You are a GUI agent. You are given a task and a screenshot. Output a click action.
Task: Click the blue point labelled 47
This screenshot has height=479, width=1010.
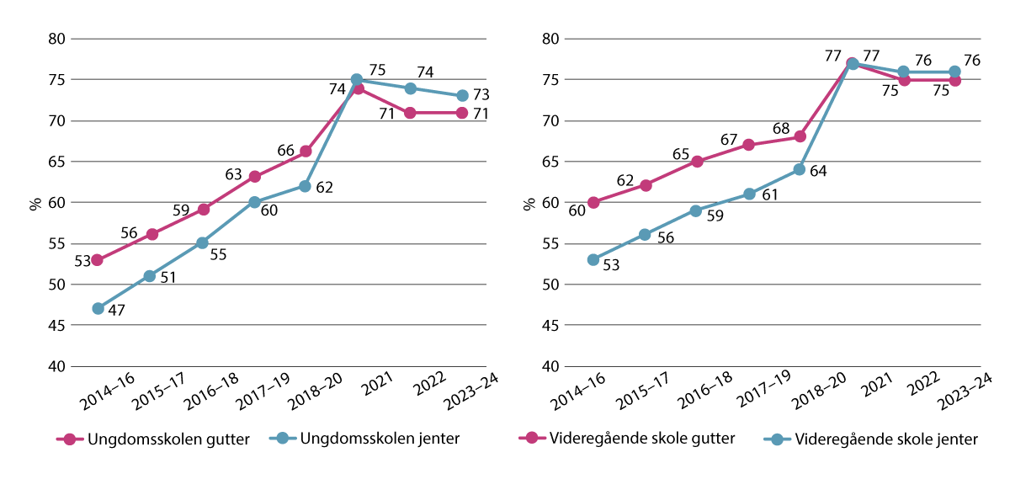click(98, 309)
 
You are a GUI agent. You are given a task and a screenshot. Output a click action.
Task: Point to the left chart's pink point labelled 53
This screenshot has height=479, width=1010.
click(98, 260)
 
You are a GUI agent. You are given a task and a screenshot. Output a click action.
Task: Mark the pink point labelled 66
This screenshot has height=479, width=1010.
click(305, 152)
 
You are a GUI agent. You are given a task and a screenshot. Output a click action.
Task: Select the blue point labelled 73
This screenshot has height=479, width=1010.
click(462, 96)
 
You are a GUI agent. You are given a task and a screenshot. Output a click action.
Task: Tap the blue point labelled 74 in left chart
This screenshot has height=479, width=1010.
click(410, 88)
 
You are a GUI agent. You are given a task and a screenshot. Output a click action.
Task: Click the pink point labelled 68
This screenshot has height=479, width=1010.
click(799, 136)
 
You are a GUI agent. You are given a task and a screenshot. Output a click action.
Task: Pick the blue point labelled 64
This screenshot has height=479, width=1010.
click(799, 169)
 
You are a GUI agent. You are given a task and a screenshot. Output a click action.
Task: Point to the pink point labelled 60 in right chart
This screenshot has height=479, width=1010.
click(593, 202)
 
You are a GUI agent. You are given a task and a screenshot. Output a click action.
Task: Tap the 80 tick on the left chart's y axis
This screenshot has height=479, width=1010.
click(56, 39)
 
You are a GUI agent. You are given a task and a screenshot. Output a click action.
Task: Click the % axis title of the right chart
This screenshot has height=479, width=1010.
click(530, 203)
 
